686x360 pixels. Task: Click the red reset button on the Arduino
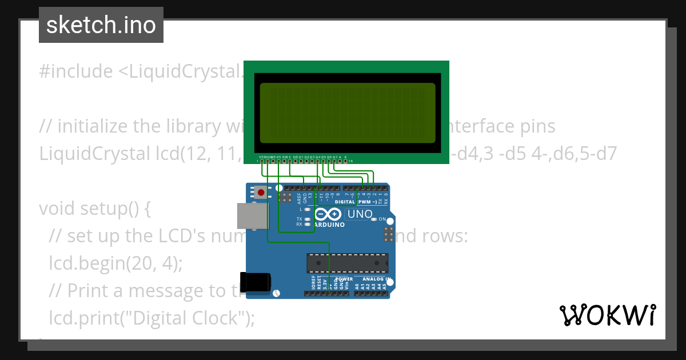tap(261, 193)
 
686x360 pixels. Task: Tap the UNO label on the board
tap(360, 214)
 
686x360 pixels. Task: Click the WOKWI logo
tap(607, 315)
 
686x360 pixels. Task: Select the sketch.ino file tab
tap(101, 25)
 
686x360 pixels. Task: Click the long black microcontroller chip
tap(348, 263)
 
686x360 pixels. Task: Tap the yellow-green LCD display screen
tap(347, 113)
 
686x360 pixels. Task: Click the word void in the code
tap(55, 209)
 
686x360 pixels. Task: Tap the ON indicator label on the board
tap(382, 219)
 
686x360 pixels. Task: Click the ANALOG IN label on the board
tap(373, 279)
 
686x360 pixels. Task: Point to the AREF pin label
tap(298, 198)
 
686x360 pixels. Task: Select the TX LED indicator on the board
tap(308, 219)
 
